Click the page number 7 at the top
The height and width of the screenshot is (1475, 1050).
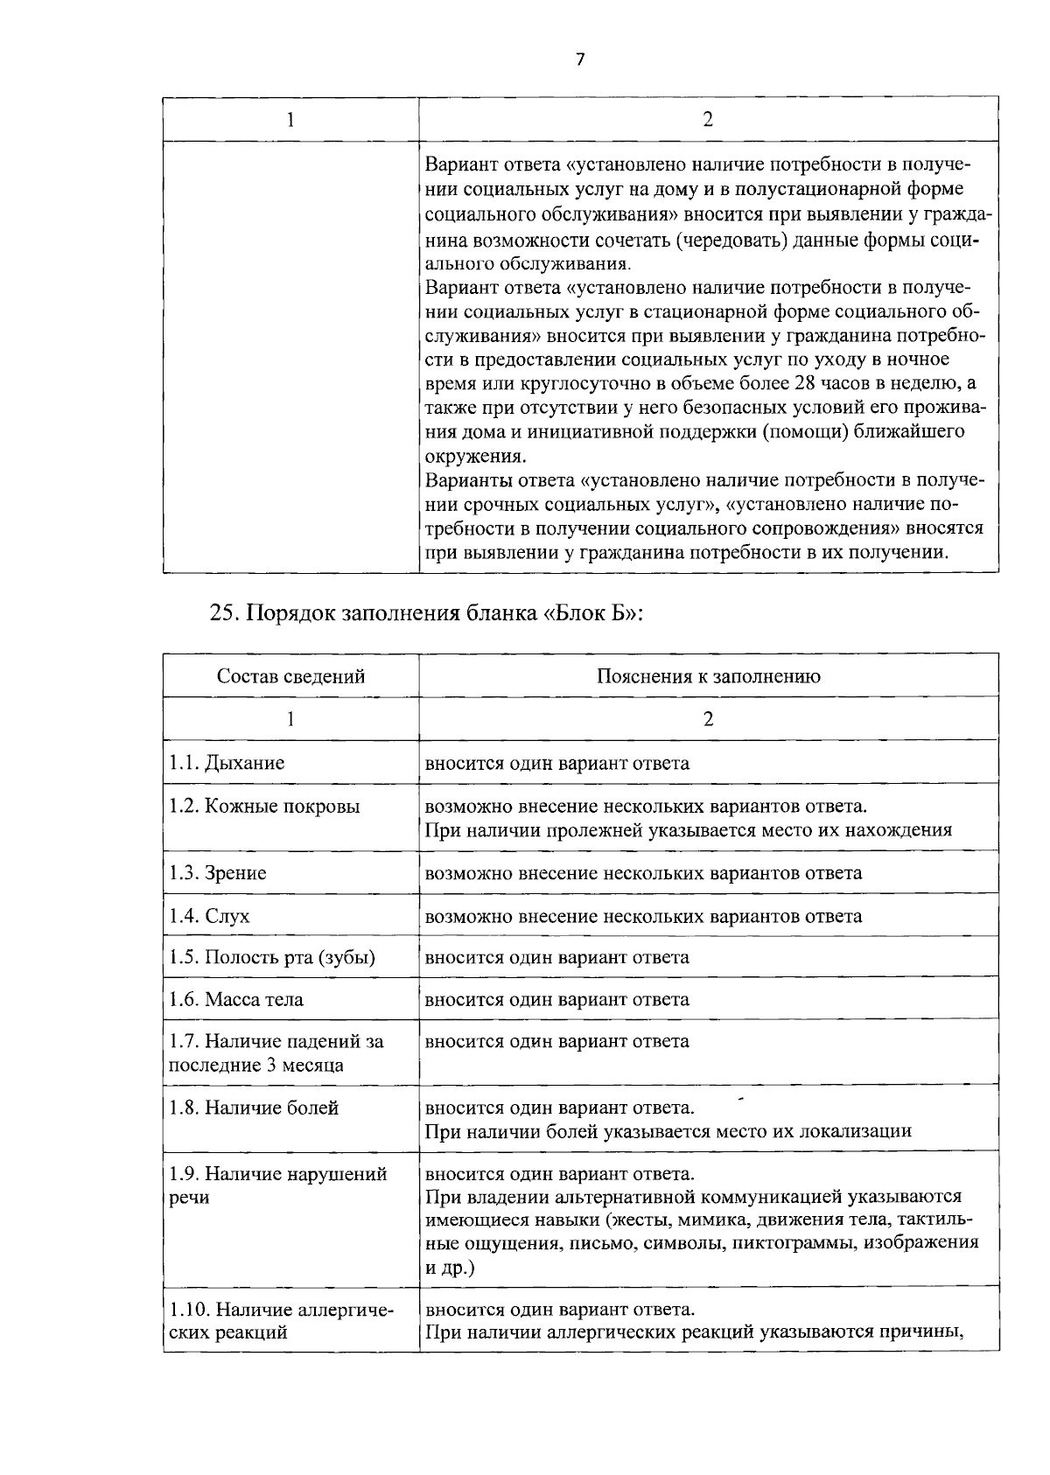579,59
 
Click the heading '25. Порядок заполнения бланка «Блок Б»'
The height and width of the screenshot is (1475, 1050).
426,612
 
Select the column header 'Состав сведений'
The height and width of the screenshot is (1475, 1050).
290,676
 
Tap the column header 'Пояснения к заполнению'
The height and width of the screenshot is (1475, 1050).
708,676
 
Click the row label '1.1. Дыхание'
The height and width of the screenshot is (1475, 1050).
227,763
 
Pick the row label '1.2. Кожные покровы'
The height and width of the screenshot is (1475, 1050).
264,806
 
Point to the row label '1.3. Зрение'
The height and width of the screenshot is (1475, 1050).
218,873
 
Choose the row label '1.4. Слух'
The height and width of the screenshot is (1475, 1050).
209,916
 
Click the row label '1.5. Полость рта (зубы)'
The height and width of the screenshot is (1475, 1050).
272,957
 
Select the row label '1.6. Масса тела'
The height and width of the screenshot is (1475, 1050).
236,999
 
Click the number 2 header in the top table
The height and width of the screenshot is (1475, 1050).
708,120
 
